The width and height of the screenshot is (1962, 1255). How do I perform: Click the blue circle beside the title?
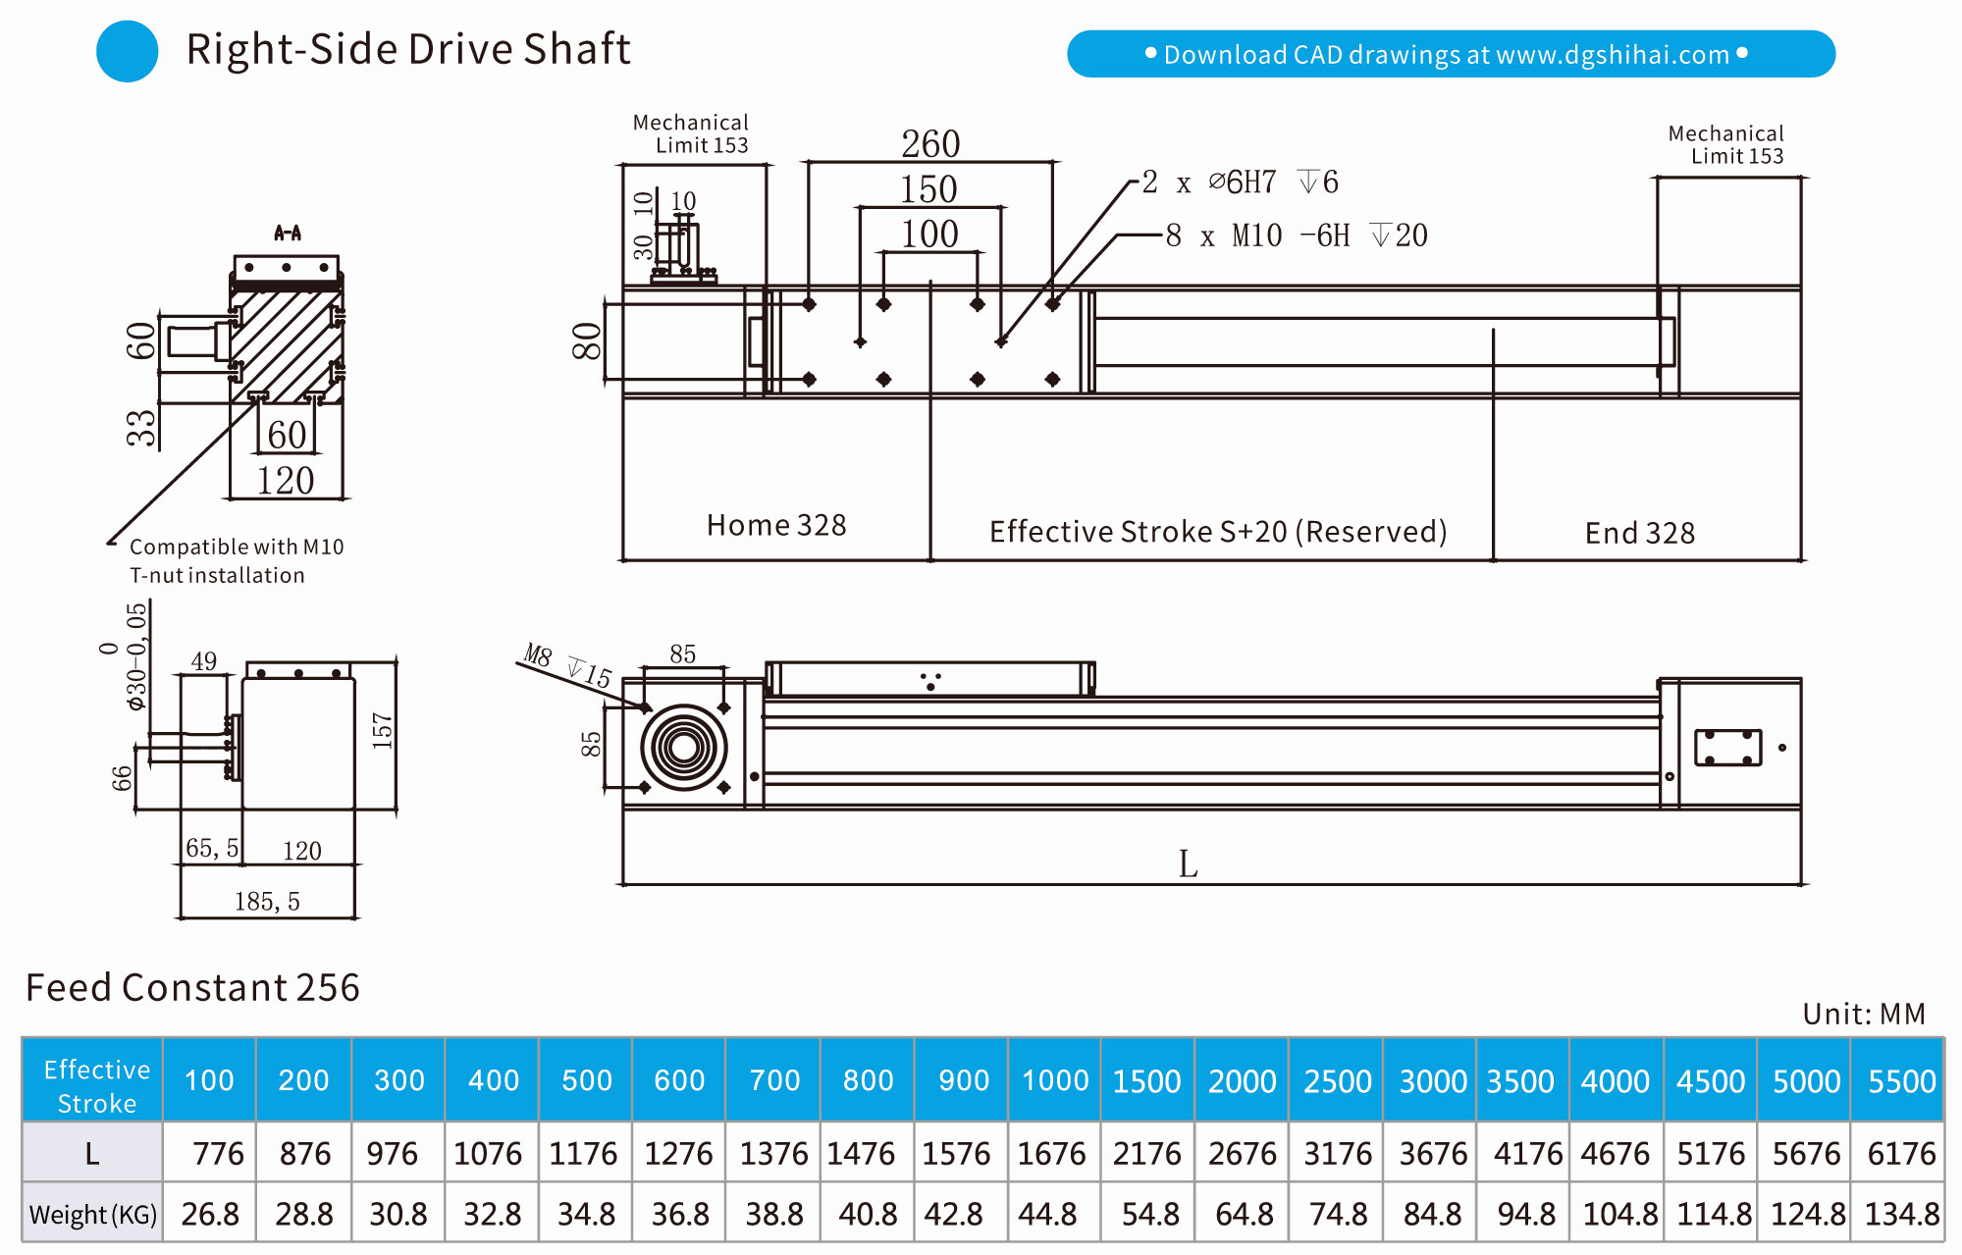coord(128,51)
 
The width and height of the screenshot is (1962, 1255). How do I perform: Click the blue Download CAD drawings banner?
coord(1450,54)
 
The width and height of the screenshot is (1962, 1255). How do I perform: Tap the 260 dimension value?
coord(930,144)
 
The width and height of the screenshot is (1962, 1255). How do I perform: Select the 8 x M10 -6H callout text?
coord(1296,235)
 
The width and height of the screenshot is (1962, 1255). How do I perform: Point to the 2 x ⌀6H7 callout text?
coord(1240,183)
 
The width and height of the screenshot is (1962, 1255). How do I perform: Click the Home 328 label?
coord(775,526)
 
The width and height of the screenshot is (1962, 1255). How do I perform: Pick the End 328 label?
coord(1639,533)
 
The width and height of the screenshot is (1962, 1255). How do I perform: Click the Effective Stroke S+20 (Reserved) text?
coord(1217,532)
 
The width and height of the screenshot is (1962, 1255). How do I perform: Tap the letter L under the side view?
coord(1188,864)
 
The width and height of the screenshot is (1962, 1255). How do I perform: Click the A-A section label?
coord(288,233)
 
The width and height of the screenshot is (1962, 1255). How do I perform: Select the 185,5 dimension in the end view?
coord(267,901)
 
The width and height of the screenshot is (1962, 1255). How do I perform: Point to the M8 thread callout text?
coord(538,654)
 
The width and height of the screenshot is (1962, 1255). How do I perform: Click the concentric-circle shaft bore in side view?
coord(684,748)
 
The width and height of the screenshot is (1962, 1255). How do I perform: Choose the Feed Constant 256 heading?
coord(192,987)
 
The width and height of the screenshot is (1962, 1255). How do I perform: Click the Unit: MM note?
coord(1863,1014)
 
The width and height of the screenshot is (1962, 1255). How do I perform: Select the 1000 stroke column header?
coord(1054,1080)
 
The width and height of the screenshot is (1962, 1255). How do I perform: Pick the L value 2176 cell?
coord(1147,1153)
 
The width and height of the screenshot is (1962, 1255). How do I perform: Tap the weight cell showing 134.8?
coord(1901,1215)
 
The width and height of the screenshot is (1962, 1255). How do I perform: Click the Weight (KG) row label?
coord(92,1215)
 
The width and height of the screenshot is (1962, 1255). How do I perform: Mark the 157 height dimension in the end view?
coord(382,731)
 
